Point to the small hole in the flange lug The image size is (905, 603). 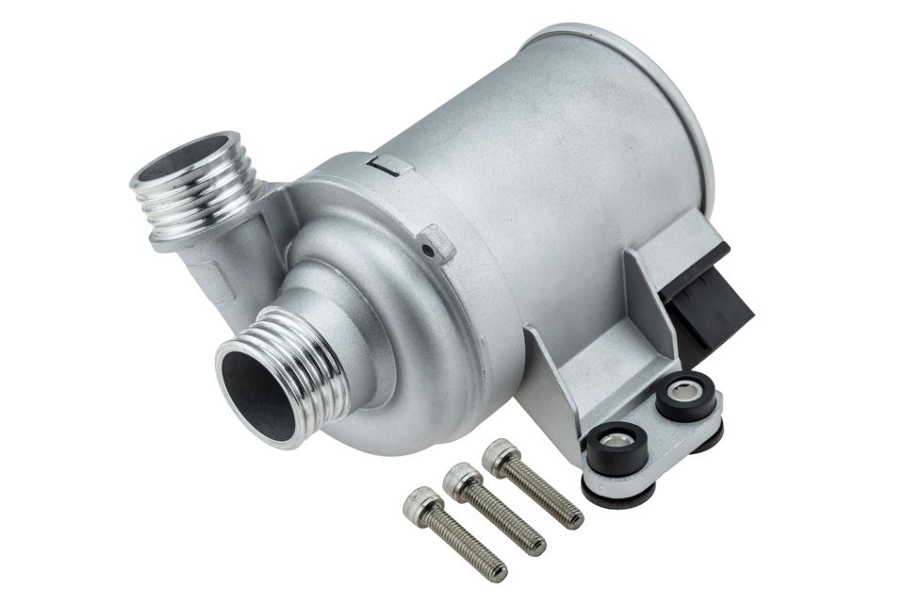tap(430, 250)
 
